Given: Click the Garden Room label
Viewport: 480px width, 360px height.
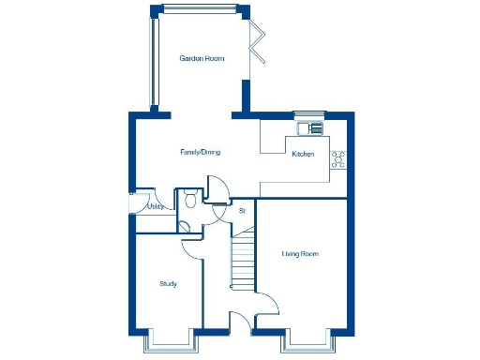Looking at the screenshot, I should (202, 58).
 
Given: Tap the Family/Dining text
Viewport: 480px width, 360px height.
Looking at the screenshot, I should (201, 152).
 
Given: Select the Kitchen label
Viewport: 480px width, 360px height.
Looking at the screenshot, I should (303, 154).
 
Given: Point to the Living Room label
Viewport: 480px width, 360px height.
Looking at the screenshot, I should (300, 253).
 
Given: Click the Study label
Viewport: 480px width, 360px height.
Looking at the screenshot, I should (168, 283).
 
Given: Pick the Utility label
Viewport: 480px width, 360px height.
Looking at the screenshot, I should (156, 206).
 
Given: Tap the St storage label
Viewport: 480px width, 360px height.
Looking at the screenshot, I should (242, 211).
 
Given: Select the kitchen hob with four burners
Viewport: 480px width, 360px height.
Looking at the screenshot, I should (338, 159).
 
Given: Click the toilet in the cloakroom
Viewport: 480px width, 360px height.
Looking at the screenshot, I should (190, 198).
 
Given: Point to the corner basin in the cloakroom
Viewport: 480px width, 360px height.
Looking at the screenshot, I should (185, 226).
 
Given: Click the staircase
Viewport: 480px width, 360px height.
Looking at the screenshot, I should (243, 262).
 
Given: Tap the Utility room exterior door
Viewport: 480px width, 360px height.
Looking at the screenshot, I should (131, 206).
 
